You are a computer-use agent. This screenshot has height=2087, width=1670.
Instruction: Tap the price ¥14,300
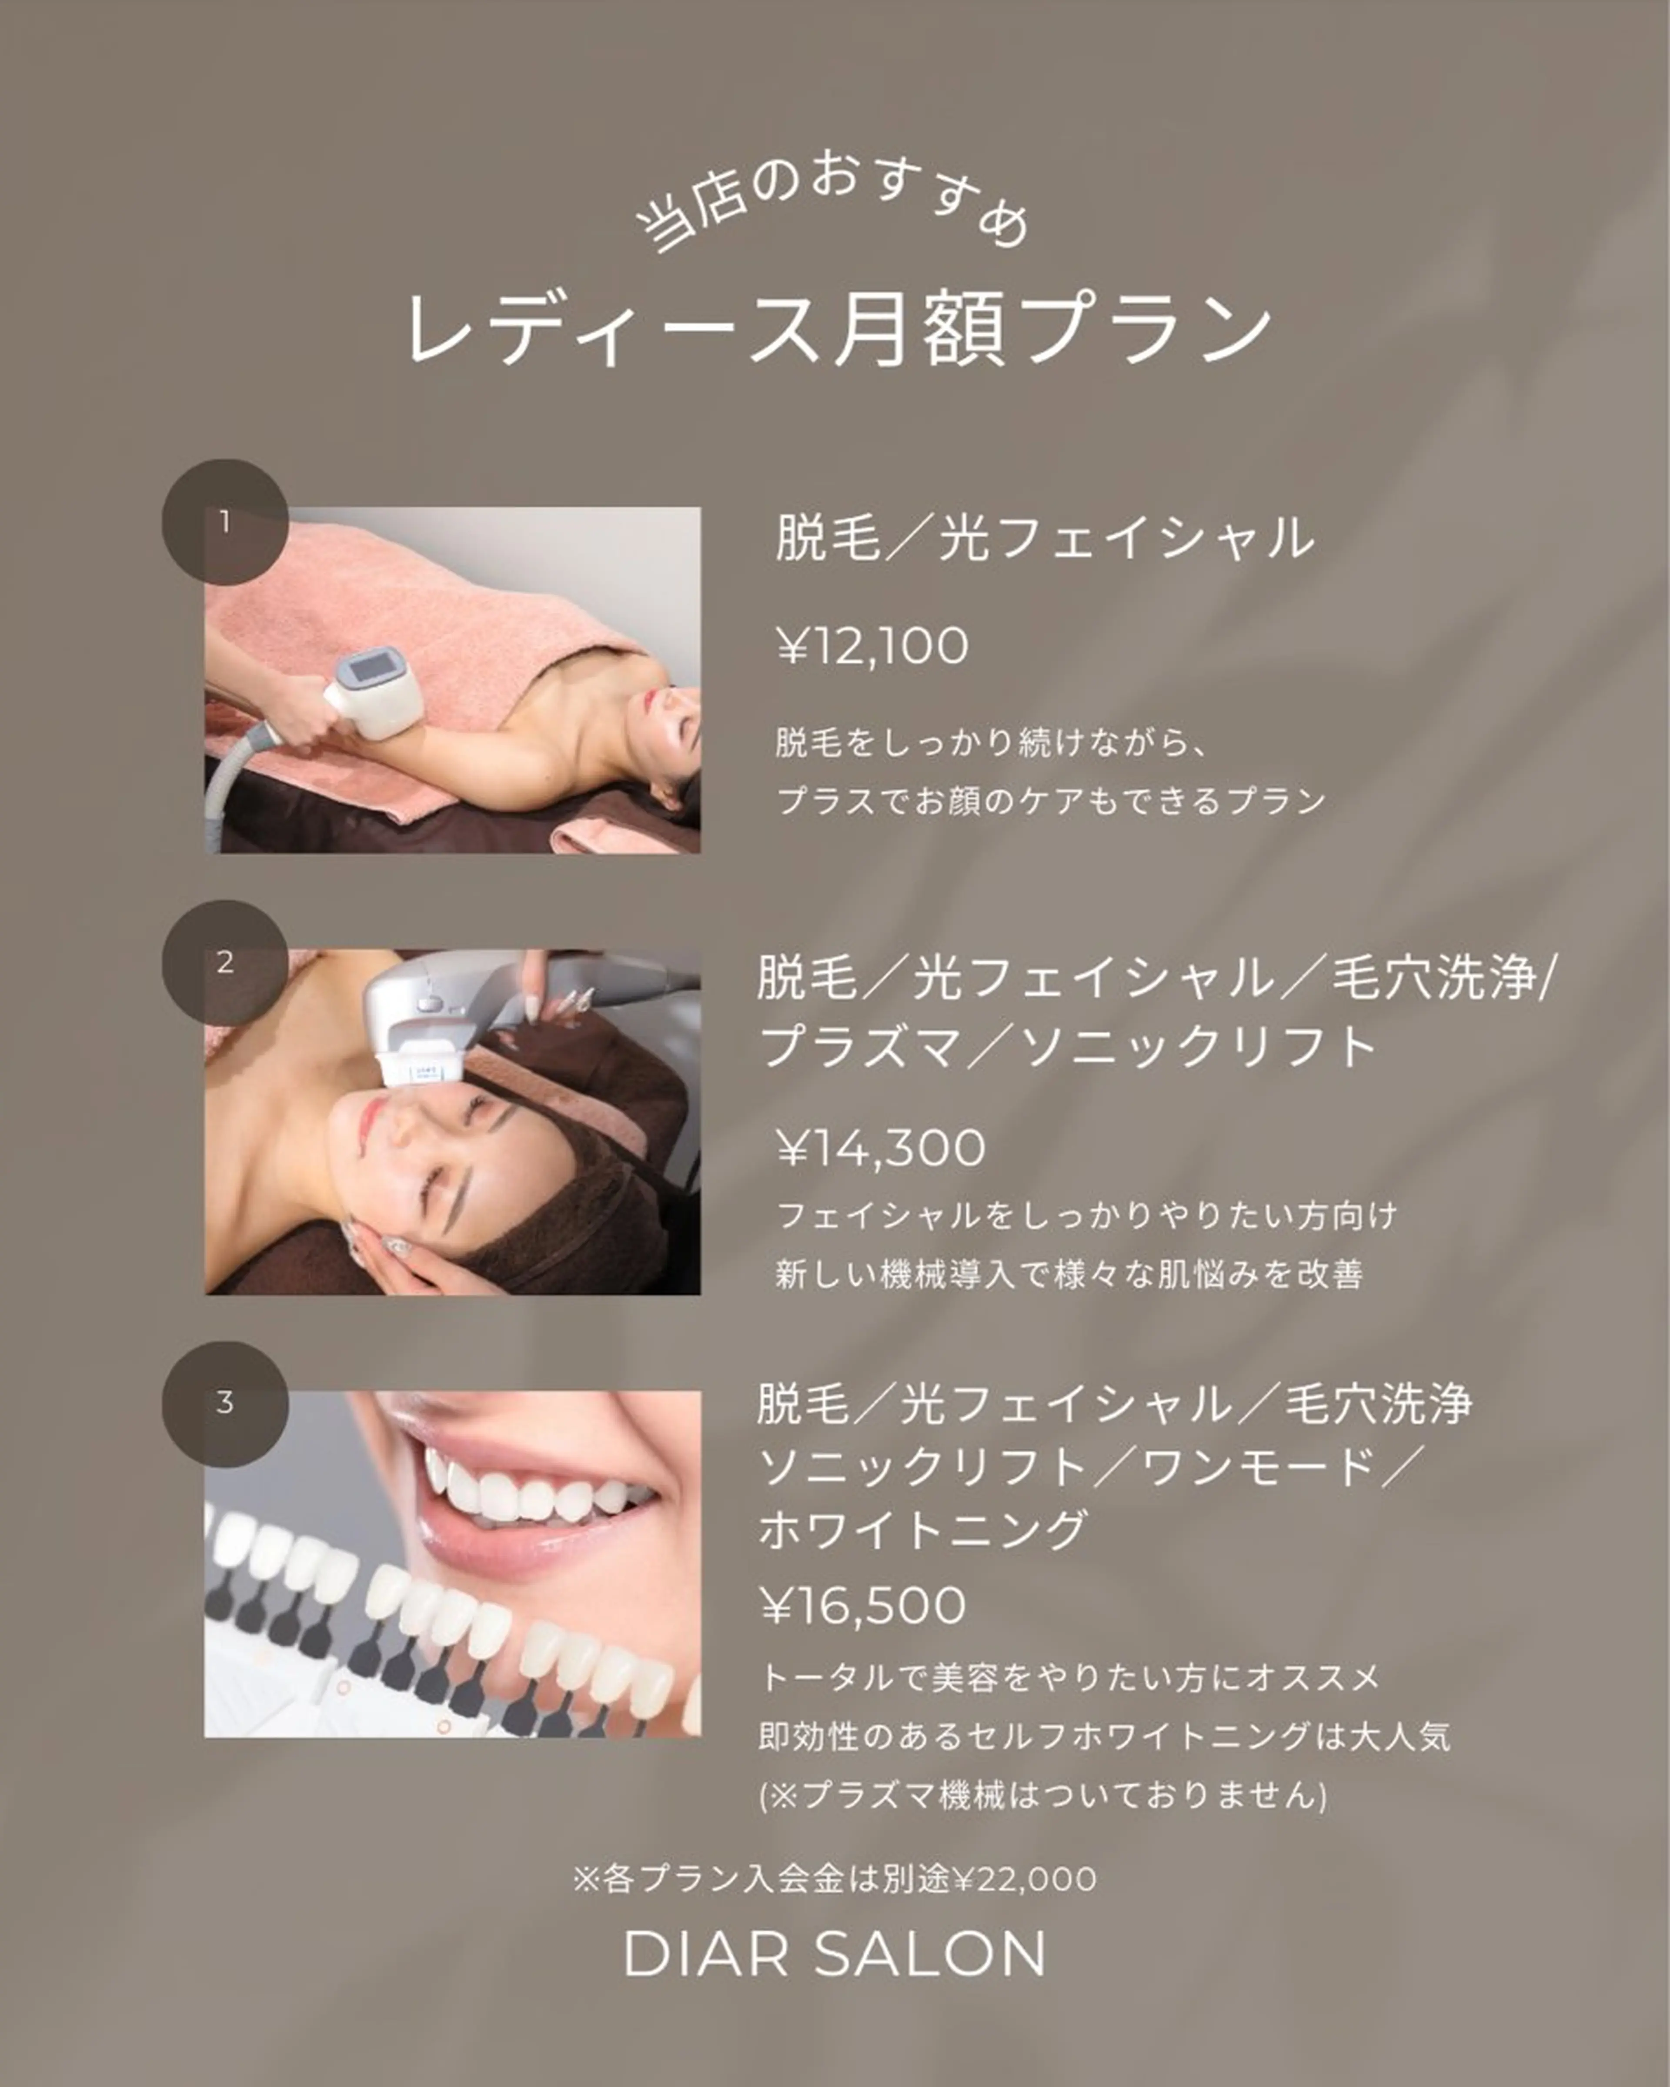tap(881, 1148)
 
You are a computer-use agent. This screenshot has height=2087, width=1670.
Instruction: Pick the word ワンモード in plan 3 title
tap(1259, 1466)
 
